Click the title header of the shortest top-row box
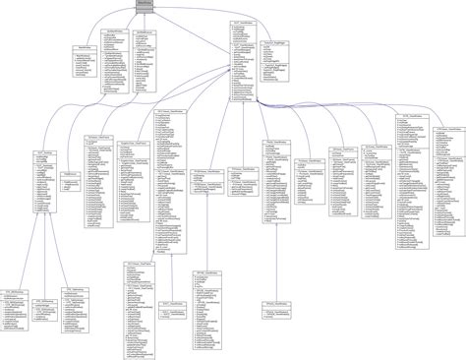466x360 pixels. (x=86, y=46)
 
